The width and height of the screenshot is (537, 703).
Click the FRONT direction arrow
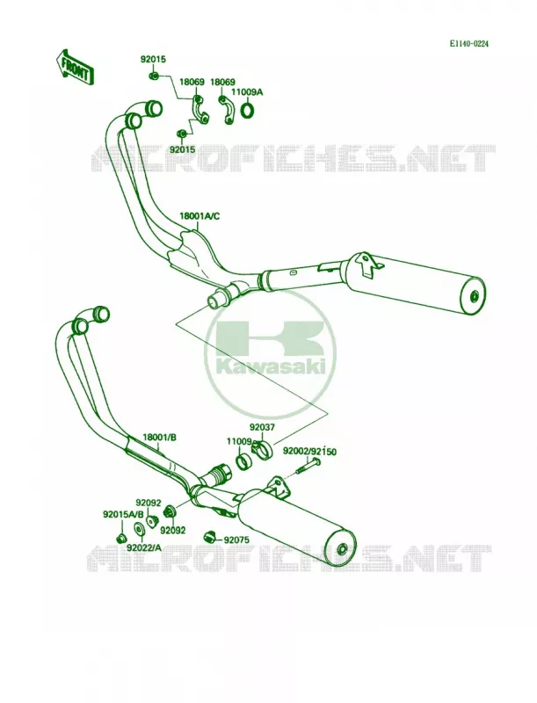pos(75,68)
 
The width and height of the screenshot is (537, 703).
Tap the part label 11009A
pos(247,92)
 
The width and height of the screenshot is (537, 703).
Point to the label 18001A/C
pos(200,216)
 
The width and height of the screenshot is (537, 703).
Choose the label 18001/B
pos(159,437)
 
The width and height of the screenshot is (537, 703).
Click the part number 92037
pos(262,428)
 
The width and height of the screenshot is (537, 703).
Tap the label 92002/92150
pos(309,452)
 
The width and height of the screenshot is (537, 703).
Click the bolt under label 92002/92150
pos(308,467)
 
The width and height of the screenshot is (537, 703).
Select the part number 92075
pos(237,540)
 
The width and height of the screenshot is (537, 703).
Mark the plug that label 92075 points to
pos(210,536)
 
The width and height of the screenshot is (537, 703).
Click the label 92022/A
pos(143,547)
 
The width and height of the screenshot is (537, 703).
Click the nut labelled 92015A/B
pos(120,538)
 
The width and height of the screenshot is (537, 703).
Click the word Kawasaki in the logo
pos(271,366)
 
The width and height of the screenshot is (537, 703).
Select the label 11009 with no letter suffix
pos(238,442)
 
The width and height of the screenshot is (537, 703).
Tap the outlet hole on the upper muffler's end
pos(475,296)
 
